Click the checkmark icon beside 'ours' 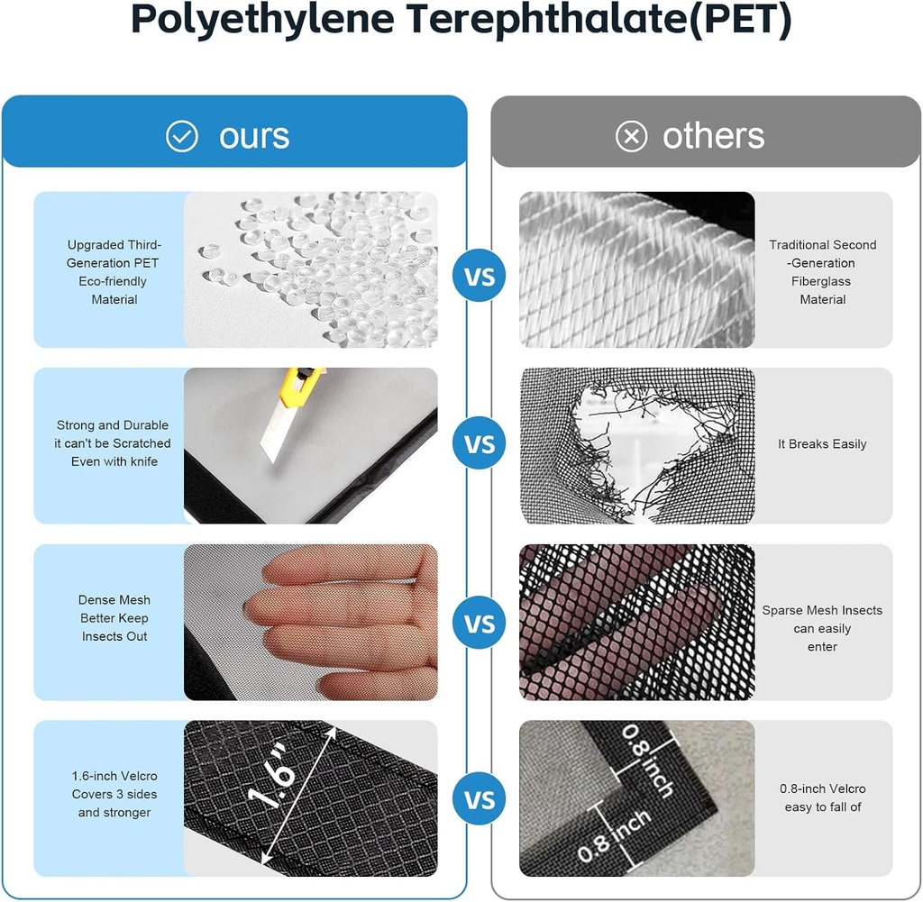182,136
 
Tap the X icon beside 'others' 631,136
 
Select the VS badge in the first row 480,276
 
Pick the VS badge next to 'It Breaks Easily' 480,443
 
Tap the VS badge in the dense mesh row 480,623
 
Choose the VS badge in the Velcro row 480,799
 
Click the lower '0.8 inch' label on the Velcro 614,834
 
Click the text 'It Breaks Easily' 822,444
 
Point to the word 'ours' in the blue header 254,136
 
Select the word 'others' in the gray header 714,136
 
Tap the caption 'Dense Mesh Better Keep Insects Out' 114,618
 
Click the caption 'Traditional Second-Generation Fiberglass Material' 822,272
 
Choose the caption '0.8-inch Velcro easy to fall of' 822,797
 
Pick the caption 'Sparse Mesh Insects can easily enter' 822,628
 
